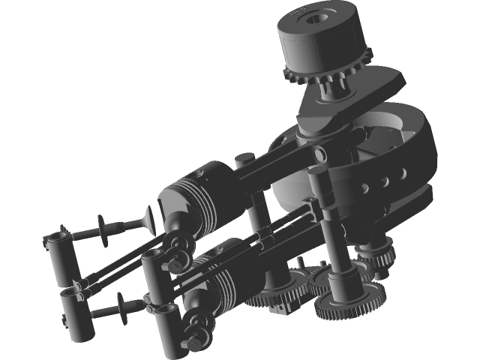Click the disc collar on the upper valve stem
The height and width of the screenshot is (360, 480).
pos(100,224)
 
